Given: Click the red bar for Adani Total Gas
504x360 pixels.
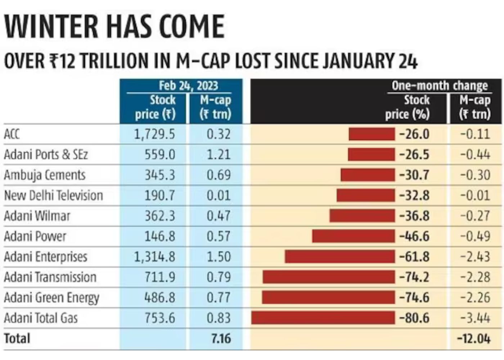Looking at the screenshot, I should (x=323, y=318).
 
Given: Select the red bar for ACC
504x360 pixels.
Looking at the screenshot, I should (x=372, y=134).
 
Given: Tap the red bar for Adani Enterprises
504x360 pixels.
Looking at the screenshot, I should (x=339, y=257).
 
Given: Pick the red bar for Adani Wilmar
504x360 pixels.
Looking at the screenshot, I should (x=362, y=216).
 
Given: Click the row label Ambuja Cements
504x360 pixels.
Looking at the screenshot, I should (x=45, y=175).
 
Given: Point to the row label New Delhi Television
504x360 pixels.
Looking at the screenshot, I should (x=53, y=195).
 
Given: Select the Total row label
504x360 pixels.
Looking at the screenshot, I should (x=17, y=338).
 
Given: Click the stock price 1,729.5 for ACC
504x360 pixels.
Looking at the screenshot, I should (x=154, y=134).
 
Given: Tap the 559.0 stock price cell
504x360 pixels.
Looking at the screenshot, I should (x=160, y=154).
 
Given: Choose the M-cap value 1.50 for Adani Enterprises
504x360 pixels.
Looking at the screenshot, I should (x=219, y=257).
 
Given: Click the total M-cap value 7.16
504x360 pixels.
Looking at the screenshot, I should (x=221, y=338).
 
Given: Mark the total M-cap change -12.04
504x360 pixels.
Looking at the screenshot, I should (x=473, y=338).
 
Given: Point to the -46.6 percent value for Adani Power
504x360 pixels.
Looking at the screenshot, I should (x=414, y=236).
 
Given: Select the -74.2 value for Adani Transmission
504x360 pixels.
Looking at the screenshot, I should (x=414, y=277).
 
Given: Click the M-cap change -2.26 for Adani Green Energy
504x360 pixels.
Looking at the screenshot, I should (x=475, y=298).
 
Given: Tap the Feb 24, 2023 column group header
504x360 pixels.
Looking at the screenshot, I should (x=188, y=86).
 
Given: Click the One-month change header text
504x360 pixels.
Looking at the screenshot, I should (x=440, y=86).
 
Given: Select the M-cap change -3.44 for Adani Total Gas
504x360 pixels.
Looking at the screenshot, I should (x=475, y=318).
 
